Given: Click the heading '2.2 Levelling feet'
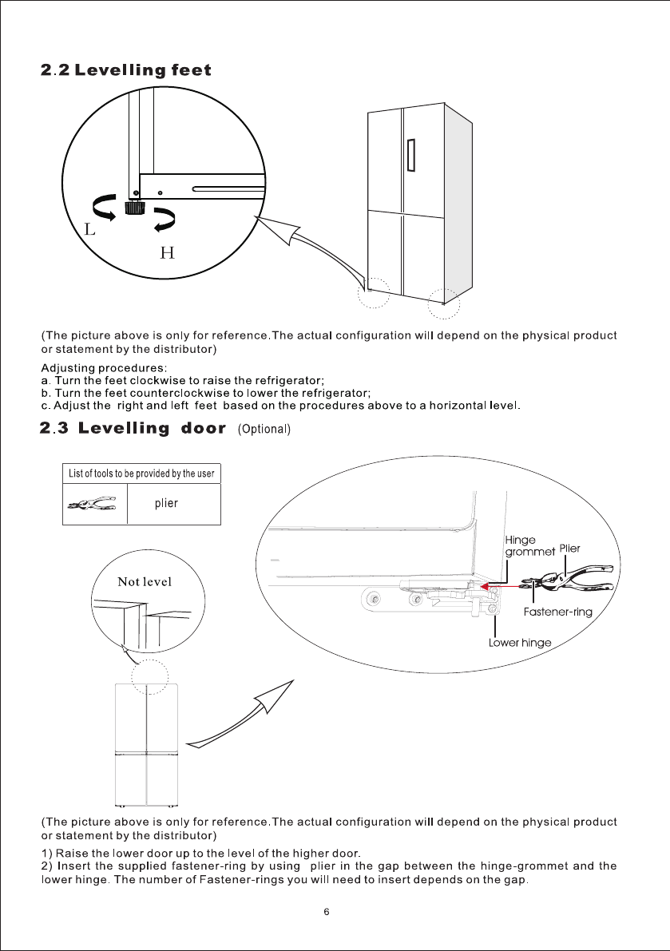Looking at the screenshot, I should click(126, 70).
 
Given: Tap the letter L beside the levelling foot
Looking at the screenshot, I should click(90, 230).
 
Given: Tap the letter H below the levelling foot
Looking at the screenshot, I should click(168, 254).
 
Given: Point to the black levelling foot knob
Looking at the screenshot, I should click(133, 208).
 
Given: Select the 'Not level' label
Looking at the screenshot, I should click(145, 581).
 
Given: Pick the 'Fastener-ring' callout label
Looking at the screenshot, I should click(558, 612).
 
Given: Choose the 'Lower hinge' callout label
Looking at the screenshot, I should click(519, 643).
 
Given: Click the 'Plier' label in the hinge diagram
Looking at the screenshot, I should click(569, 549).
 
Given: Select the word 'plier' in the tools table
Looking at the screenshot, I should click(166, 504).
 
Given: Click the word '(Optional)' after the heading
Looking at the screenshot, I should click(264, 430).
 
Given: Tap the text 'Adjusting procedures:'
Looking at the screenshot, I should click(104, 368).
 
